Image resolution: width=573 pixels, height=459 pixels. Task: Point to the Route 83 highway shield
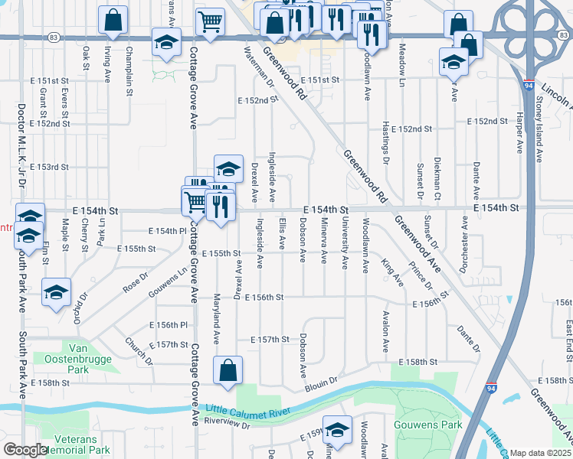point(53,36)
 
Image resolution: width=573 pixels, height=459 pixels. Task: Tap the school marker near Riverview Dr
point(336,431)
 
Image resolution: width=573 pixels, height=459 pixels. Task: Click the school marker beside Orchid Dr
point(57,294)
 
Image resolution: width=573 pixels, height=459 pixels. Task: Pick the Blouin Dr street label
point(321,381)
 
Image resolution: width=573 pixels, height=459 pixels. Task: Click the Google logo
point(25,450)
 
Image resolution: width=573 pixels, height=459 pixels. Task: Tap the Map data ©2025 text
point(540,453)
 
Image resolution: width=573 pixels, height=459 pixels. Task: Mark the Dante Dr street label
point(467,338)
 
